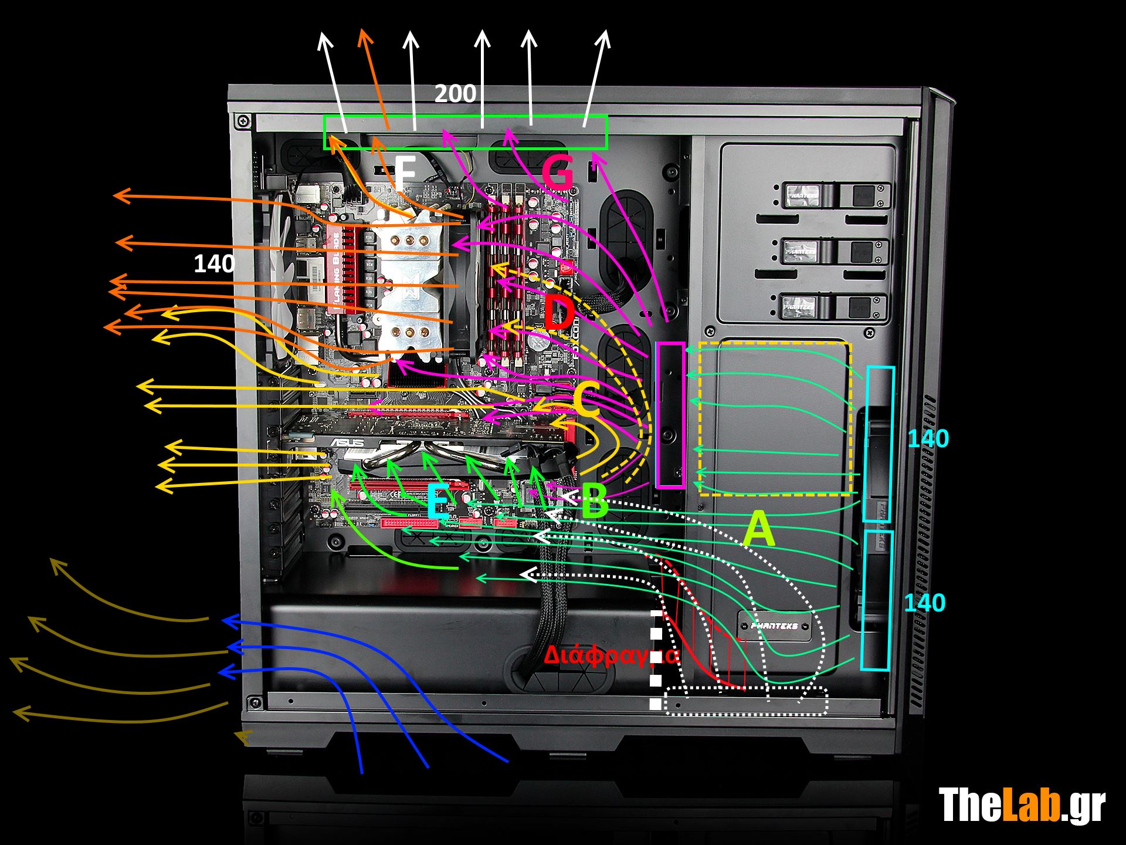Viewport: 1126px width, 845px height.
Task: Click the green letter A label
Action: pos(759,529)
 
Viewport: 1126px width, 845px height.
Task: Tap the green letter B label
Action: pos(593,501)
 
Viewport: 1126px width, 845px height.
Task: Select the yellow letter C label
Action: pos(586,400)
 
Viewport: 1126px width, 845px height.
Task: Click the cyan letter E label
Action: pos(440,502)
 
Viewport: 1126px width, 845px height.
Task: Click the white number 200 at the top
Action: pos(455,94)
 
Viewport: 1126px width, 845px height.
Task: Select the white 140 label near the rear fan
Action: pos(214,264)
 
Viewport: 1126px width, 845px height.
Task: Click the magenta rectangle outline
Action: pos(671,415)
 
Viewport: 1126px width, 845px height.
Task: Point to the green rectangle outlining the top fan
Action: pos(465,117)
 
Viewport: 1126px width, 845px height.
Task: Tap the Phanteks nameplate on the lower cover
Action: pos(774,626)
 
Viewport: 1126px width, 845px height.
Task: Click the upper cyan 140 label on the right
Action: pos(928,439)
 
